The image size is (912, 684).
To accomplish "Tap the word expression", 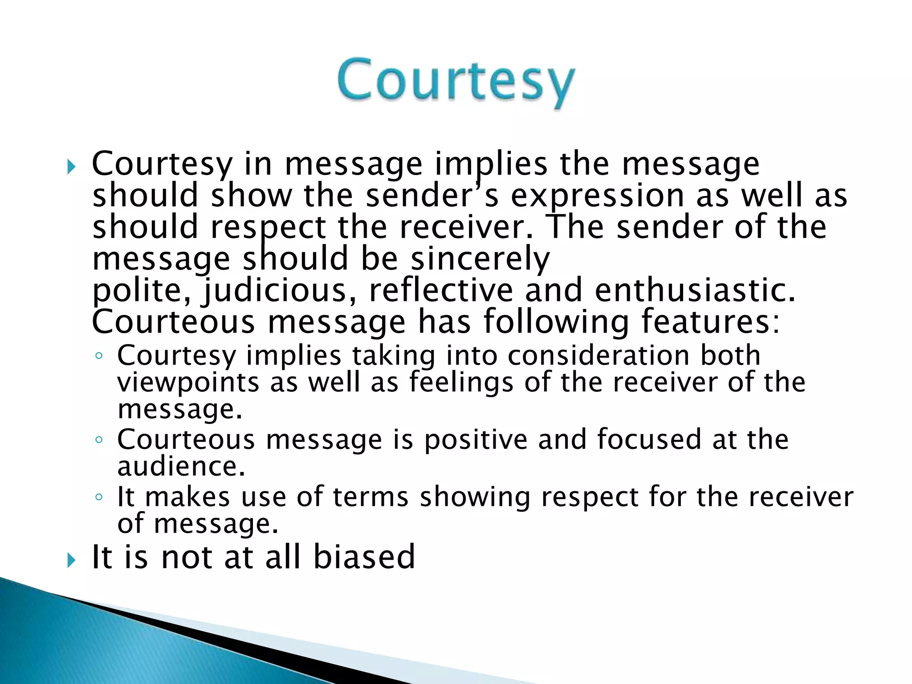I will pyautogui.click(x=597, y=197).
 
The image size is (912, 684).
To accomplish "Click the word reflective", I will pyautogui.click(x=441, y=290).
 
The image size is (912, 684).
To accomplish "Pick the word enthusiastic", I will pyautogui.click(x=695, y=290).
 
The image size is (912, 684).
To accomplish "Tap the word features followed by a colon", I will pyautogui.click(x=710, y=322).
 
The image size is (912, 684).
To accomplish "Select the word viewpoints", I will pyautogui.click(x=188, y=383).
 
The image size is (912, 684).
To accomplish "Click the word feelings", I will pyautogui.click(x=461, y=383).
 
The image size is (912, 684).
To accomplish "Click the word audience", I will pyautogui.click(x=181, y=467).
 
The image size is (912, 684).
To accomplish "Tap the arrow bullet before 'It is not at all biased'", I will pyautogui.click(x=71, y=560).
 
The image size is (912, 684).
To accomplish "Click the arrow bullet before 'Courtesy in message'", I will pyautogui.click(x=71, y=167).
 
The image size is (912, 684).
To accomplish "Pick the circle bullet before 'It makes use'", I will pyautogui.click(x=99, y=497).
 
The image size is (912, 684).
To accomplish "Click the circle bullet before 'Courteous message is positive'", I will pyautogui.click(x=99, y=440).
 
